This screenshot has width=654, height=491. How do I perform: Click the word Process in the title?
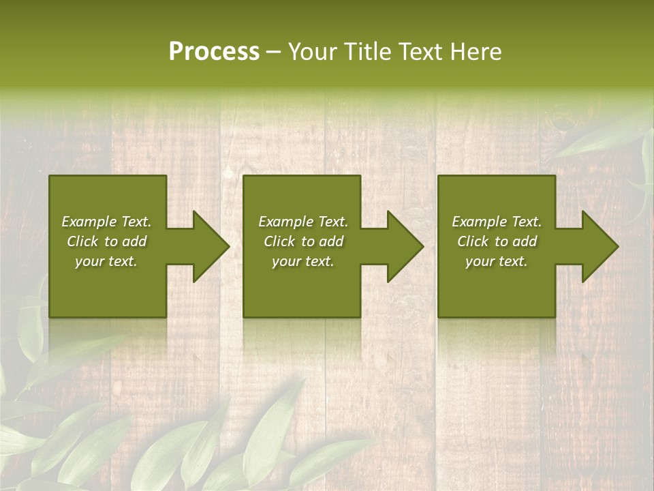[214, 52]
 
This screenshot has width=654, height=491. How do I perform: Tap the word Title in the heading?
[367, 52]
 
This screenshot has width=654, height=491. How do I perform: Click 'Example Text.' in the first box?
[106, 222]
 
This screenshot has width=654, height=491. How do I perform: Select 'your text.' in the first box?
[106, 261]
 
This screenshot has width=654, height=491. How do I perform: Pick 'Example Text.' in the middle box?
[303, 222]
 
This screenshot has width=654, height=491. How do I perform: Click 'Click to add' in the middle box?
[303, 241]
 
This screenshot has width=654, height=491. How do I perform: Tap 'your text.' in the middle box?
[303, 261]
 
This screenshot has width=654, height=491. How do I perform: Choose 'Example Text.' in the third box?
[497, 222]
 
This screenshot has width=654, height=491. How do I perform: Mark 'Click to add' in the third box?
[497, 241]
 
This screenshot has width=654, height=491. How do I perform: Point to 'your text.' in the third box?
[497, 261]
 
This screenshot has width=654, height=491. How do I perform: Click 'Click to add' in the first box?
[106, 241]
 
